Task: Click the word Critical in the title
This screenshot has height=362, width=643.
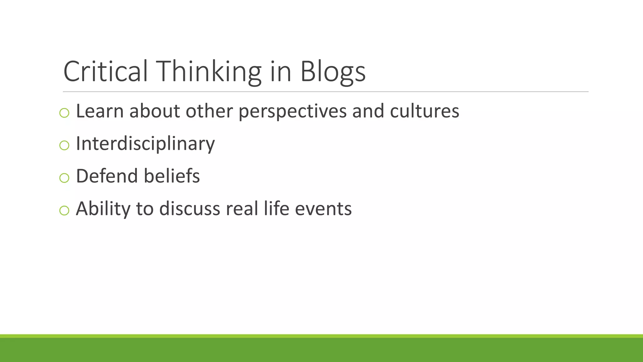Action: point(105,72)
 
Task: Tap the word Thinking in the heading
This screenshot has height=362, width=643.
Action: point(210,72)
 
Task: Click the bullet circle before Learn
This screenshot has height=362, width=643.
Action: point(64,113)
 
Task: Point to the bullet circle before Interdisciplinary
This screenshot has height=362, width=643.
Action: point(64,145)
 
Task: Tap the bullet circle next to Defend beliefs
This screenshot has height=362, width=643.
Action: point(64,178)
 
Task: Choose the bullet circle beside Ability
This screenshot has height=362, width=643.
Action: point(64,210)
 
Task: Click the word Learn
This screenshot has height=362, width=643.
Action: point(100,111)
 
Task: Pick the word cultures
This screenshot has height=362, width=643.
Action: point(424,111)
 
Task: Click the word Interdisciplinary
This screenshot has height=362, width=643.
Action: point(145,144)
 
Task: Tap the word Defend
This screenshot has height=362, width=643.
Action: point(107,176)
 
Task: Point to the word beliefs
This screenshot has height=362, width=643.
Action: point(172,176)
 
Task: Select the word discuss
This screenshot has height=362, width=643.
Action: point(190,209)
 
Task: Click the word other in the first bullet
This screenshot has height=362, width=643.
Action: point(209,111)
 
